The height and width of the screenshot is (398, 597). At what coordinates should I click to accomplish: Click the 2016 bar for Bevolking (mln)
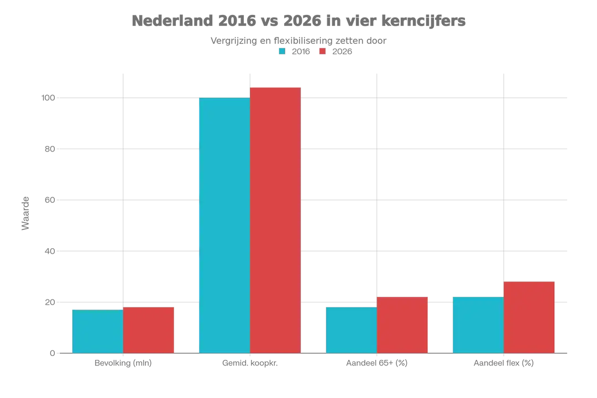98,331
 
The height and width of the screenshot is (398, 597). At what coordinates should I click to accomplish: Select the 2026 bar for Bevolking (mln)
149,330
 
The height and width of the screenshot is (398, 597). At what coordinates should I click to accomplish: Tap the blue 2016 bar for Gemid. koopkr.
224,226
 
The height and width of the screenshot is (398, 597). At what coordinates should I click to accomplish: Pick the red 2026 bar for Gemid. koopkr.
275,220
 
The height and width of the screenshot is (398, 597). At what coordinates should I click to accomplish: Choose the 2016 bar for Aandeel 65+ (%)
352,330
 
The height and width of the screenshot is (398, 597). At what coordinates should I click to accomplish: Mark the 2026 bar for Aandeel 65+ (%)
402,325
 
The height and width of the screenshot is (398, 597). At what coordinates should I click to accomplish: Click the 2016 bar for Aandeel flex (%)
478,325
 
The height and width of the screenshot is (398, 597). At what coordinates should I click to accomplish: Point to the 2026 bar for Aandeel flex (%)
529,317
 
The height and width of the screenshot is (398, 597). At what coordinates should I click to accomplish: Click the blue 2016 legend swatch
282,51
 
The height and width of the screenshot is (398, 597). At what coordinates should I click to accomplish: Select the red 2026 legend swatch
322,51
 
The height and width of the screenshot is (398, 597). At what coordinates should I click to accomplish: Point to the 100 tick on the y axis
48,98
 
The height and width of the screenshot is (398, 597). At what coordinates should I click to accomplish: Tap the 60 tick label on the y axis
50,200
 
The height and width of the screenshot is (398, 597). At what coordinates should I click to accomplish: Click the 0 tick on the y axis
53,353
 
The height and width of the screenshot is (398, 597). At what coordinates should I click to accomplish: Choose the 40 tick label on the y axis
50,251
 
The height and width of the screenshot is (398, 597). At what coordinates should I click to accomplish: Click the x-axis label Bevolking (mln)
123,363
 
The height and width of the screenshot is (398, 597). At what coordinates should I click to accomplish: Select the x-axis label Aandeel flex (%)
504,363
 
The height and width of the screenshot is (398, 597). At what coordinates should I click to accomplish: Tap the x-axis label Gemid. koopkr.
250,363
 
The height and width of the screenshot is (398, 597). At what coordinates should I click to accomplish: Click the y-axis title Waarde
25,213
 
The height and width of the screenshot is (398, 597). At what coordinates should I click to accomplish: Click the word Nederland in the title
172,20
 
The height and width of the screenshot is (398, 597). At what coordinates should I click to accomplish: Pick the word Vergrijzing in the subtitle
234,41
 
